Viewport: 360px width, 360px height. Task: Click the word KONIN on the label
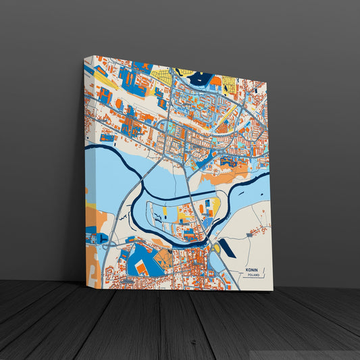point(252,270)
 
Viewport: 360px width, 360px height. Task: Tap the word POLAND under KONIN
point(252,276)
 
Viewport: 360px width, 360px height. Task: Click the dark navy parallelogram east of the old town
point(226,248)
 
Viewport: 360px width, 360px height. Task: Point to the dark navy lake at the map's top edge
point(201,78)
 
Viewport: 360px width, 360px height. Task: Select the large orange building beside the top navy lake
point(215,81)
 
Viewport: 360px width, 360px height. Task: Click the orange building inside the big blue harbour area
point(142,267)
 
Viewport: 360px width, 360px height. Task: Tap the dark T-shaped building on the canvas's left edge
point(101,238)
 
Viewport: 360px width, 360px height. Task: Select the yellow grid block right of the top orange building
point(229,84)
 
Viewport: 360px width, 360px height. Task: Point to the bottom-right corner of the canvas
point(272,290)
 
